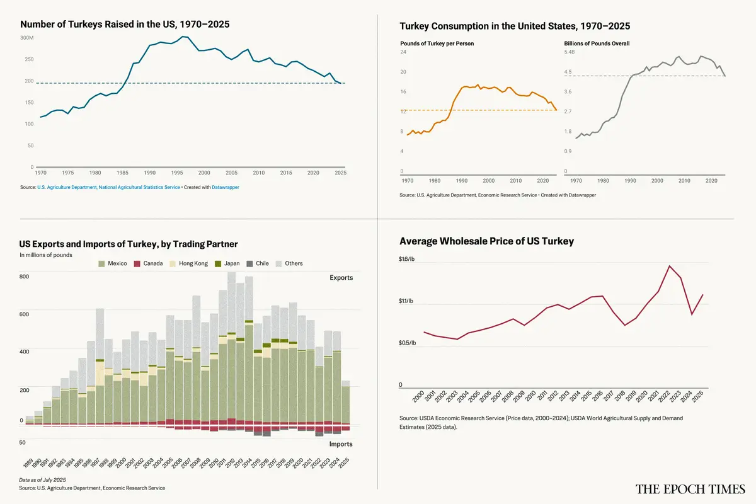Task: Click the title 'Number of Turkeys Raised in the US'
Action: tap(125, 25)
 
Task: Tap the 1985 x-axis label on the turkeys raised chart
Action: tap(122, 173)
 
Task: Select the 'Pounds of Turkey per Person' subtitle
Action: tap(437, 43)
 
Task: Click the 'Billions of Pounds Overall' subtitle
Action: tap(596, 43)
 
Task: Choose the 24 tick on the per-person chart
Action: tap(403, 52)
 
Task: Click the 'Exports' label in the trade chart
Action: tap(341, 278)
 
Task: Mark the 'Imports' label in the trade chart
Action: tap(341, 444)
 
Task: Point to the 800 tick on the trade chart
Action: tap(25, 277)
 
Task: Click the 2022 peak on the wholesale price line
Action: tap(670, 266)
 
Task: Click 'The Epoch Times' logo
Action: tap(690, 489)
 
